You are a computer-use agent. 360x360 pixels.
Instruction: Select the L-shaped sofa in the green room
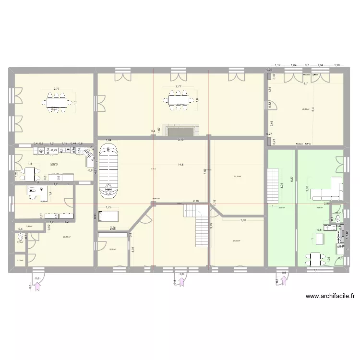(x=328, y=190)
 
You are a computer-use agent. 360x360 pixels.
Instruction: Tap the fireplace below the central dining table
(x=181, y=131)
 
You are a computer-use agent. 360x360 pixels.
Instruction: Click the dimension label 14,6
(x=180, y=165)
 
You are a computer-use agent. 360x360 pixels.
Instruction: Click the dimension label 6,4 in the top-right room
(x=313, y=109)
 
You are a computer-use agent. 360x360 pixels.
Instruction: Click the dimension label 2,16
(x=196, y=201)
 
